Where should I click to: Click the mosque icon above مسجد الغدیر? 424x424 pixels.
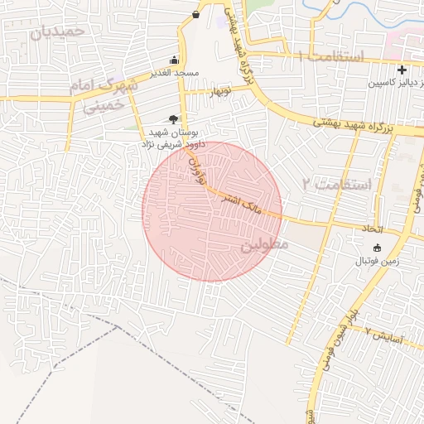174,60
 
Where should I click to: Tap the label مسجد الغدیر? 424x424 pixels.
174,73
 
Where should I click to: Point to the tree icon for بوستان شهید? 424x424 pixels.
173,119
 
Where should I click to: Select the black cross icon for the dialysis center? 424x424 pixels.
402,70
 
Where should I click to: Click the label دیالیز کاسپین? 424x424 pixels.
396,84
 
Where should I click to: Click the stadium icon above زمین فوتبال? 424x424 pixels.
378,248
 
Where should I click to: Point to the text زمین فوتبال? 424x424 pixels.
378,261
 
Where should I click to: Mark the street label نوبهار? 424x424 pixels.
219,90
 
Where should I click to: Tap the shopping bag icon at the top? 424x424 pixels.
195,14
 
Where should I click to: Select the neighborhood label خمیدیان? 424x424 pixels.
56,31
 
